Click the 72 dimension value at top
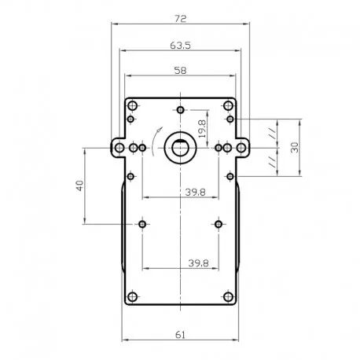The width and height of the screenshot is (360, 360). click(180, 19)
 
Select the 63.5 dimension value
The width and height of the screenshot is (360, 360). click(180, 46)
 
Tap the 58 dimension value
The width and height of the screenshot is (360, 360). click(180, 70)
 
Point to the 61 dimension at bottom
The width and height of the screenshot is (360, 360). click(180, 335)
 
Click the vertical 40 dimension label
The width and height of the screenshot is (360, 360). click(80, 186)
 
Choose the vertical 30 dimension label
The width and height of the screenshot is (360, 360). click(295, 148)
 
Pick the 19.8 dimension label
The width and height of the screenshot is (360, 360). click(202, 129)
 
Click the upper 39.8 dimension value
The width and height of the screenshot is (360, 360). click(196, 192)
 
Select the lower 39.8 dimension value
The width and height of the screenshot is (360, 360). click(198, 263)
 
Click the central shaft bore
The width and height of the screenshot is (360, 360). click(180, 148)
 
